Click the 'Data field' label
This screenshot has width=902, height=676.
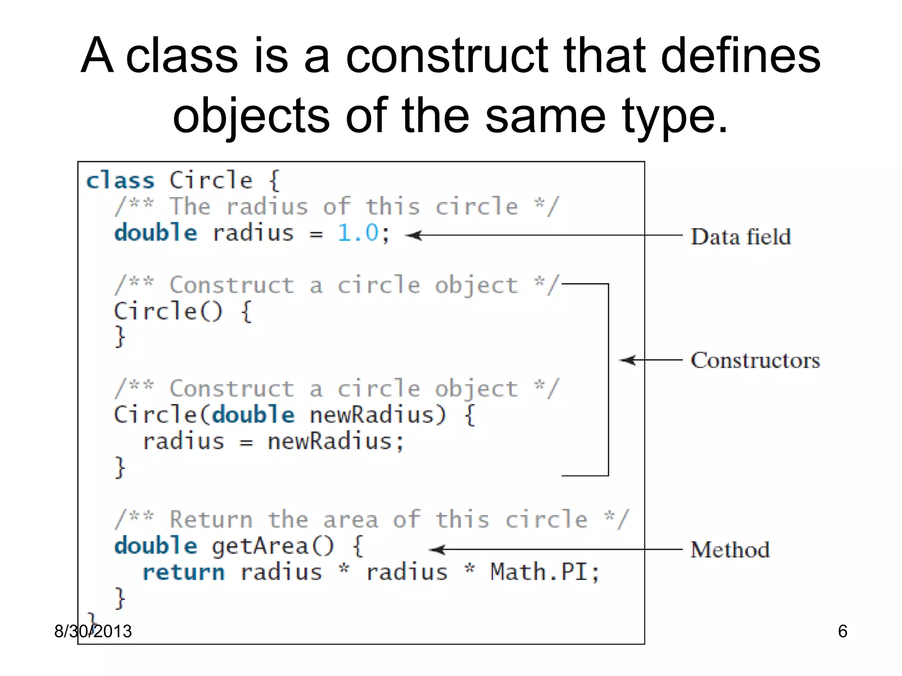(740, 237)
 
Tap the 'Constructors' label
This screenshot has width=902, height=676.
(755, 360)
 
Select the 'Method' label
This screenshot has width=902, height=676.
(730, 550)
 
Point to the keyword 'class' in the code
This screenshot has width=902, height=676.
(120, 181)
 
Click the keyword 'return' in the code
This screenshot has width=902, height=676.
(183, 572)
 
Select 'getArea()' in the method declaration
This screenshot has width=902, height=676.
(273, 546)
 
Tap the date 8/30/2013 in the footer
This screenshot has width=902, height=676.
(93, 631)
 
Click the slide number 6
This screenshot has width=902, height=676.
(843, 631)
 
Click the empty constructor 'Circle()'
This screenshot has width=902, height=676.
(168, 311)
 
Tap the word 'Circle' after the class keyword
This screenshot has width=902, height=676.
(211, 180)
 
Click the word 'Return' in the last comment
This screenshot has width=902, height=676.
(211, 519)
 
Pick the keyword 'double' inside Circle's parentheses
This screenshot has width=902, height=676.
(253, 415)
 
